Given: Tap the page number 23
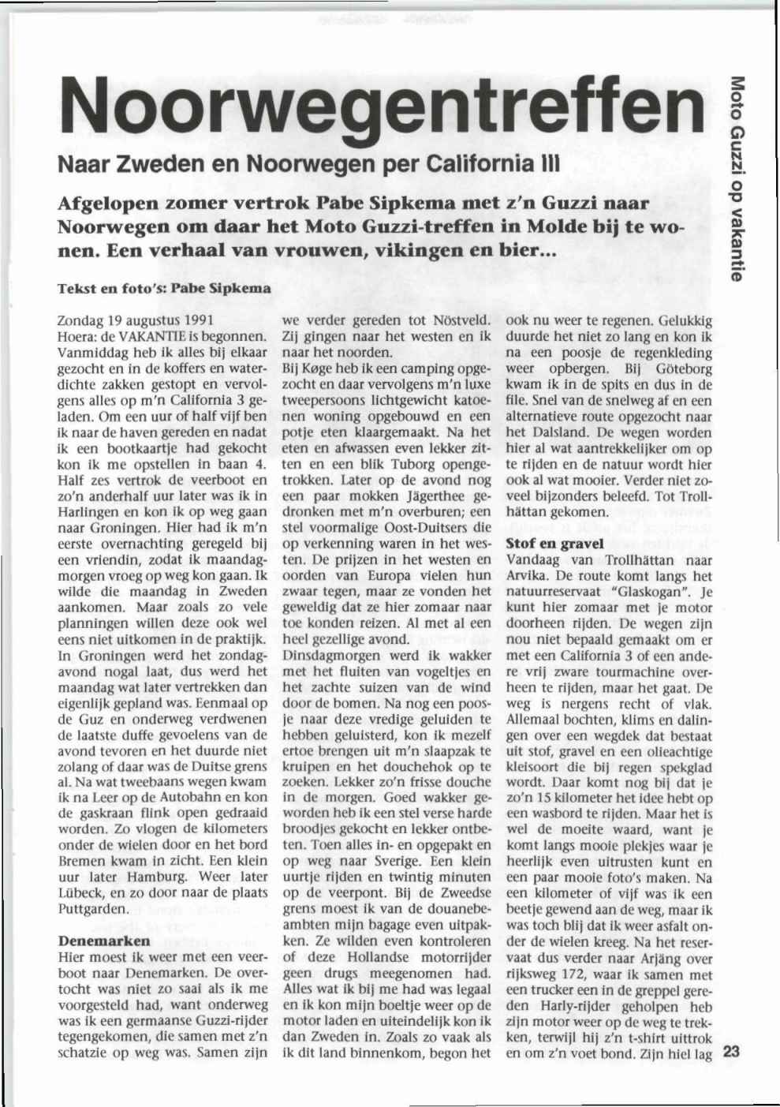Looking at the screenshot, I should click(x=731, y=1052).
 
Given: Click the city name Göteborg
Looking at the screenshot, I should click(x=683, y=368).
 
